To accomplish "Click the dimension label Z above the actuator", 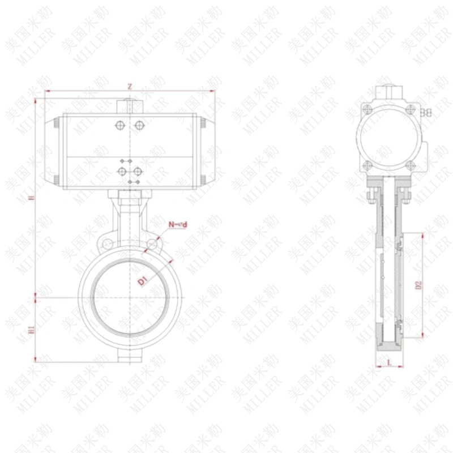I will pos(130,87).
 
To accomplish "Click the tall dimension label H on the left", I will pos(32,198).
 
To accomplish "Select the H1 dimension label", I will pos(32,328).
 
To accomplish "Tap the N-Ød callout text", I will pos(178,225).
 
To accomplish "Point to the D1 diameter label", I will pos(143,279).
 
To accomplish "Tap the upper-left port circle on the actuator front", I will pos(119,125).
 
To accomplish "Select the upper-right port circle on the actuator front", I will pos(139,125).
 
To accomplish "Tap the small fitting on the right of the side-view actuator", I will pos(429,113).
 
